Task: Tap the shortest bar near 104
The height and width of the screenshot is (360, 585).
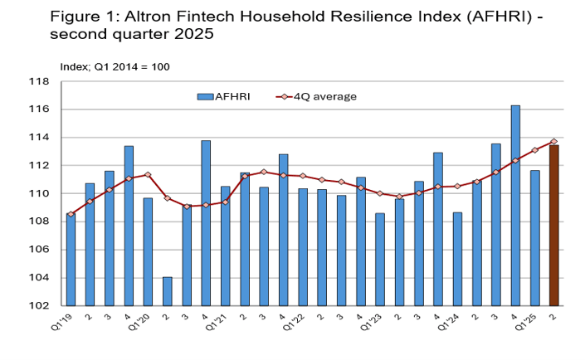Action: pyautogui.click(x=168, y=291)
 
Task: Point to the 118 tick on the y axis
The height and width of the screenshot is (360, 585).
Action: pyautogui.click(x=39, y=82)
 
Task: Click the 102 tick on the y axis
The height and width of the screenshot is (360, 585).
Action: pyautogui.click(x=39, y=305)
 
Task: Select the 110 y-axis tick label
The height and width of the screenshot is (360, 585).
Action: pyautogui.click(x=39, y=194)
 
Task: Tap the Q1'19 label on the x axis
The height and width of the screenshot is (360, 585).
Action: pyautogui.click(x=66, y=319)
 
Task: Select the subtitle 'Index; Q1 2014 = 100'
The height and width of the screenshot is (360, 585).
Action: pyautogui.click(x=115, y=66)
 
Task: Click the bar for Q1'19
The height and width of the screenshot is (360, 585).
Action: pyautogui.click(x=71, y=260)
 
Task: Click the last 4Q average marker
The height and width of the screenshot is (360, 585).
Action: pyautogui.click(x=553, y=141)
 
